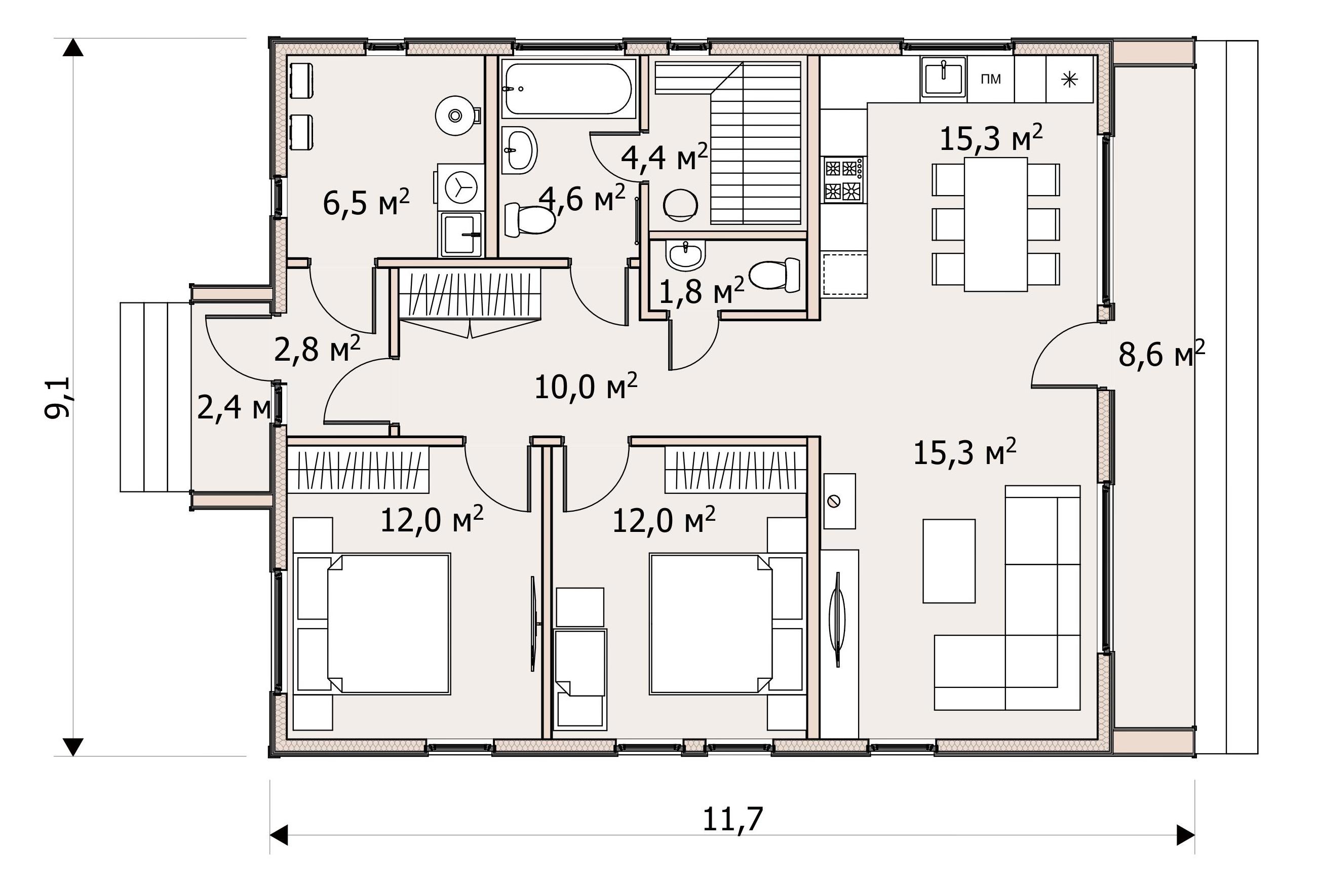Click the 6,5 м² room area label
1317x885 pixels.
[366, 202]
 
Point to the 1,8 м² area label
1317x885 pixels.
[702, 291]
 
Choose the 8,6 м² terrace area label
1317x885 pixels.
[1162, 354]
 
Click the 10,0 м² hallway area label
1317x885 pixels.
[586, 387]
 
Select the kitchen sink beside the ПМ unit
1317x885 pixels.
[944, 78]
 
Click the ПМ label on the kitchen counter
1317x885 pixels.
[991, 79]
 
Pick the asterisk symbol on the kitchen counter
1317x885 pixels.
[1069, 80]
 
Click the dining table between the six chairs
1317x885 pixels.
[996, 224]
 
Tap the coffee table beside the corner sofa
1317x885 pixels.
[949, 561]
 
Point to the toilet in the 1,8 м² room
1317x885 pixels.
[774, 275]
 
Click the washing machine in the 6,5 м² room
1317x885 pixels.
[459, 186]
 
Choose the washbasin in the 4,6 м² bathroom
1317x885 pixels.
[519, 149]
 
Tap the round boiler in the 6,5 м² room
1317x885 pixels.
[455, 116]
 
